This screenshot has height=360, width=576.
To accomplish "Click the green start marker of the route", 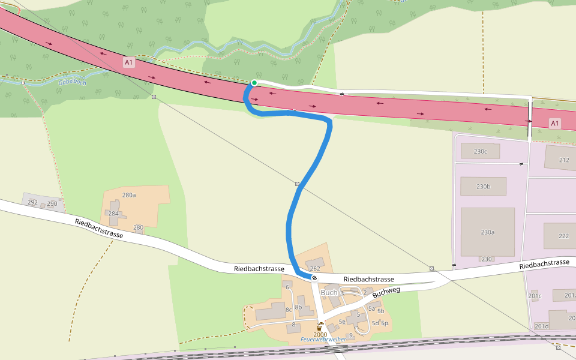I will [254, 83].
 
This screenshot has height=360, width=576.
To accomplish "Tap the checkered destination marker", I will [314, 278].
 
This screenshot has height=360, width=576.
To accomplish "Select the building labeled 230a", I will [487, 232].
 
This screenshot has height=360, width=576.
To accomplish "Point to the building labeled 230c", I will [480, 151].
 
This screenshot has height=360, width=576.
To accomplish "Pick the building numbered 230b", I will [483, 187].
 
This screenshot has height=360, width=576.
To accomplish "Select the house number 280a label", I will [129, 195].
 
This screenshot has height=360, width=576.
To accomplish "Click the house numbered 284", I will [113, 214].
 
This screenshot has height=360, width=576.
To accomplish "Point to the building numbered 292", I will [32, 202].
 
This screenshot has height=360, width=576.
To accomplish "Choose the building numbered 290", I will [52, 204].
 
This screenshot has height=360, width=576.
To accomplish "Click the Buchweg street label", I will [386, 292].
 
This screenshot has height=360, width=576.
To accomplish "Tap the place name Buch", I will [329, 293].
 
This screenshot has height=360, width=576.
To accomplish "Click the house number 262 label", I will [315, 268].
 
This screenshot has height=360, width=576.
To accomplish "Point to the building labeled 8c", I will [289, 310].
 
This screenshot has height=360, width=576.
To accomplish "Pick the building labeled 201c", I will [535, 296].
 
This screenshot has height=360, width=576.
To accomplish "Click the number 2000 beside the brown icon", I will [320, 334].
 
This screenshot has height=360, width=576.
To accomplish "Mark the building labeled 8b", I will [298, 307].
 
